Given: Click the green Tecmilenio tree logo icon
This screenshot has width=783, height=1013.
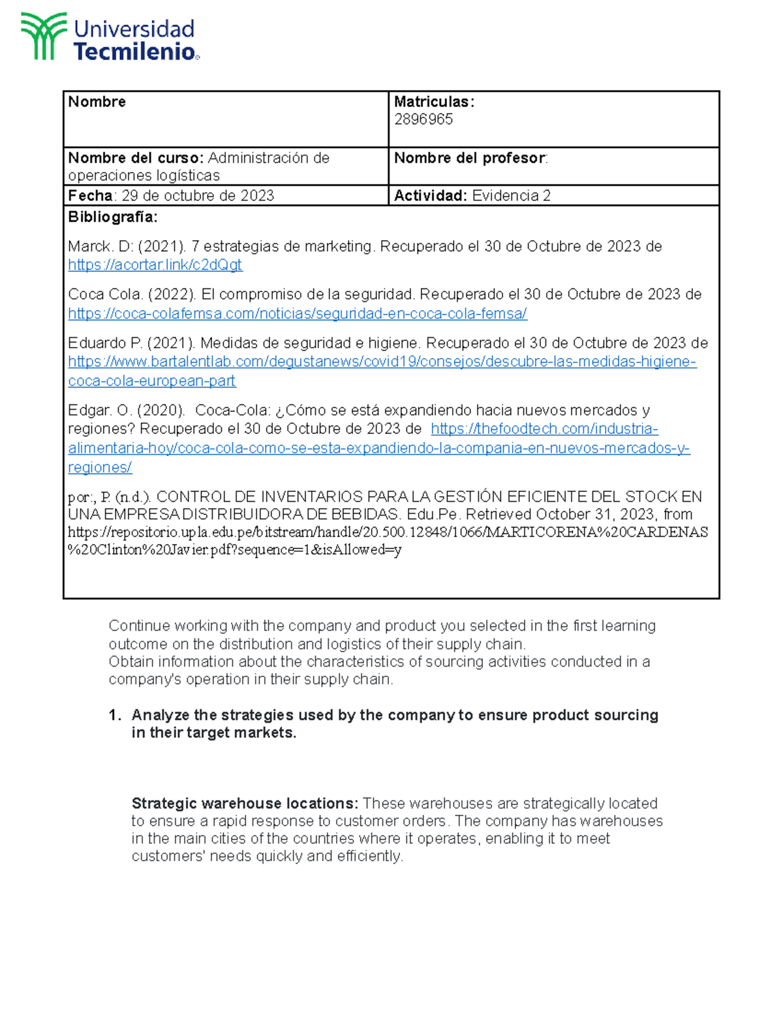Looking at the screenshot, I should coord(44,37).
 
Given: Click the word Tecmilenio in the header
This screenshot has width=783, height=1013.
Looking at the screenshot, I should coord(134,52).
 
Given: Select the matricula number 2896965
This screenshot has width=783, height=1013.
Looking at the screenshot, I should coord(423,119).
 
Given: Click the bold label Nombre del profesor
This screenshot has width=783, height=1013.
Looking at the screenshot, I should coord(469,159).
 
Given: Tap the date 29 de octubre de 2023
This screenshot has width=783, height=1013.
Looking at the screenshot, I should coord(198,196).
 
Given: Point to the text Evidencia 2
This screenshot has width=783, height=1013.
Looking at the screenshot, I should coord(511,196).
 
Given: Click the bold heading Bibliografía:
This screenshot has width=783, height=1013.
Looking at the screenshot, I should coord(112,217).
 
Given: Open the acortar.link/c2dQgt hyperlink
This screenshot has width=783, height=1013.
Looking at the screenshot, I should coord(155,265).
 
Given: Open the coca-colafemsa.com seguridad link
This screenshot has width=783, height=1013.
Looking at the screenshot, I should coord(297,314).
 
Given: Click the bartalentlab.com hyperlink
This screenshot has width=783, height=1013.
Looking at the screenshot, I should coord(382,362).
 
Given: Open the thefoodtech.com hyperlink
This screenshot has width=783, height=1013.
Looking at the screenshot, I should coord(544,429).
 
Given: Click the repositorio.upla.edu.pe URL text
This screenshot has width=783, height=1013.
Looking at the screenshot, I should coord(388,532).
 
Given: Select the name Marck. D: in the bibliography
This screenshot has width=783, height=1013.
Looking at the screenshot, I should coord(100,247).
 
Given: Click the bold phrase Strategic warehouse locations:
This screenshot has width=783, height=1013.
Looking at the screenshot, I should coord(245,804).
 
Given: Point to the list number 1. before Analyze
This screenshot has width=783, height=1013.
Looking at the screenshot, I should coord(115,716).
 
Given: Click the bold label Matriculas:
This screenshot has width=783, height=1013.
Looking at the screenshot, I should coord(434,102).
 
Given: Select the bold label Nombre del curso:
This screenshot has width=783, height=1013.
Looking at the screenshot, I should coord(136,159).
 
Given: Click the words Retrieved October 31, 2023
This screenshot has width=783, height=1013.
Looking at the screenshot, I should coord(559,515).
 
